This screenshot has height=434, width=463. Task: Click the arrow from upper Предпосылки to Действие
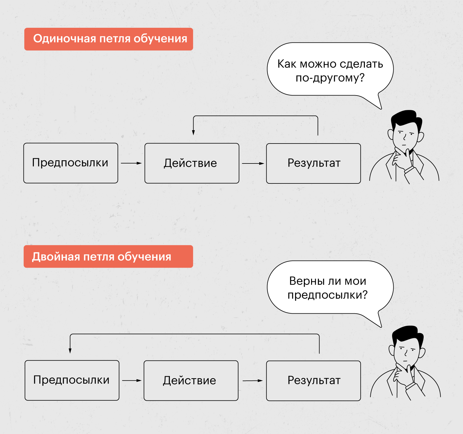[131, 163]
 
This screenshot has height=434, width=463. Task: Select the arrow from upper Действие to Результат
[253, 163]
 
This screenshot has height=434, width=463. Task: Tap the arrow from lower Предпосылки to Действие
[132, 380]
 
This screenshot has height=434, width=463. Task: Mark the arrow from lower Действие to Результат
[253, 381]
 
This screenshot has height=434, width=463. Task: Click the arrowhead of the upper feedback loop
[193, 133]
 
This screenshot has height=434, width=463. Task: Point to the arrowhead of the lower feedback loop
[70, 351]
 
